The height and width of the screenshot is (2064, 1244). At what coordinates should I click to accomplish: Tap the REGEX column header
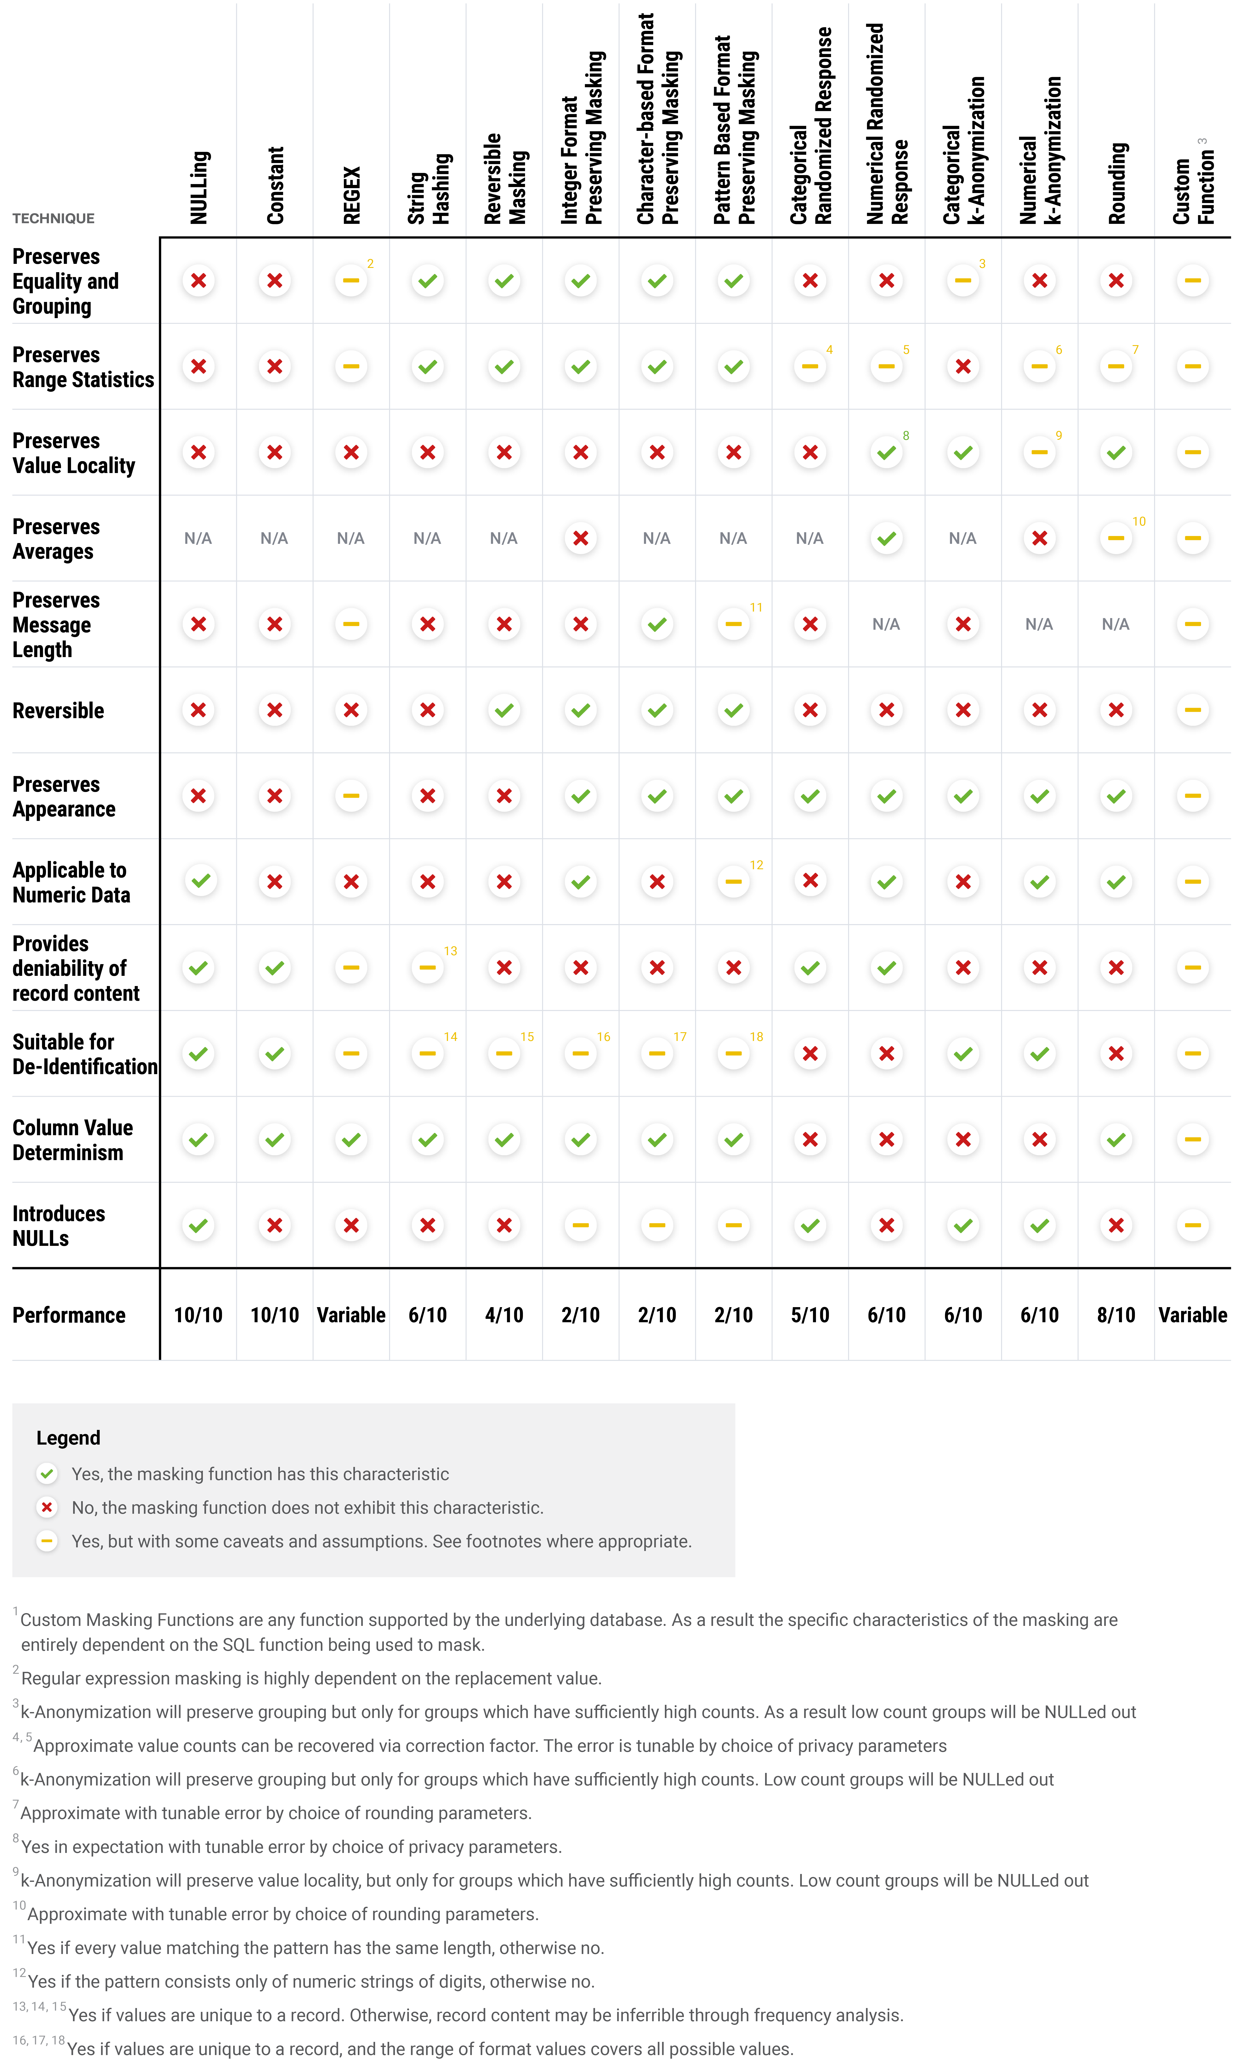point(352,195)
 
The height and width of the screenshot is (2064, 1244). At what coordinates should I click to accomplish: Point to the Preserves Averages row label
point(56,539)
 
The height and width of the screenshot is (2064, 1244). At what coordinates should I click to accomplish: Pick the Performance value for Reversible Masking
point(504,1315)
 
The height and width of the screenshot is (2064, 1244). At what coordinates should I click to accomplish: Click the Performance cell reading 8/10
point(1116,1315)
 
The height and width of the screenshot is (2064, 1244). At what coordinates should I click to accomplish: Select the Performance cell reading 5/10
point(810,1315)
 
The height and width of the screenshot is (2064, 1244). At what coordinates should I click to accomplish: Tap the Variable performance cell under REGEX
point(351,1315)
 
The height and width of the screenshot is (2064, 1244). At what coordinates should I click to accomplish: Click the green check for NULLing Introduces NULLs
point(198,1225)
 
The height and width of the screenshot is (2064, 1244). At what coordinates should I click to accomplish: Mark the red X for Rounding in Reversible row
point(1116,710)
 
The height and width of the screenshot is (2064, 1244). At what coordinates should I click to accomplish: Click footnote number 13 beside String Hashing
point(450,951)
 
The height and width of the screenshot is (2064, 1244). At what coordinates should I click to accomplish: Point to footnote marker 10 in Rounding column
point(1139,521)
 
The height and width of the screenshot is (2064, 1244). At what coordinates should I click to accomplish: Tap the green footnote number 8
point(906,436)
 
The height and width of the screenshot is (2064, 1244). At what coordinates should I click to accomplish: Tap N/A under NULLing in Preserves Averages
point(198,539)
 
